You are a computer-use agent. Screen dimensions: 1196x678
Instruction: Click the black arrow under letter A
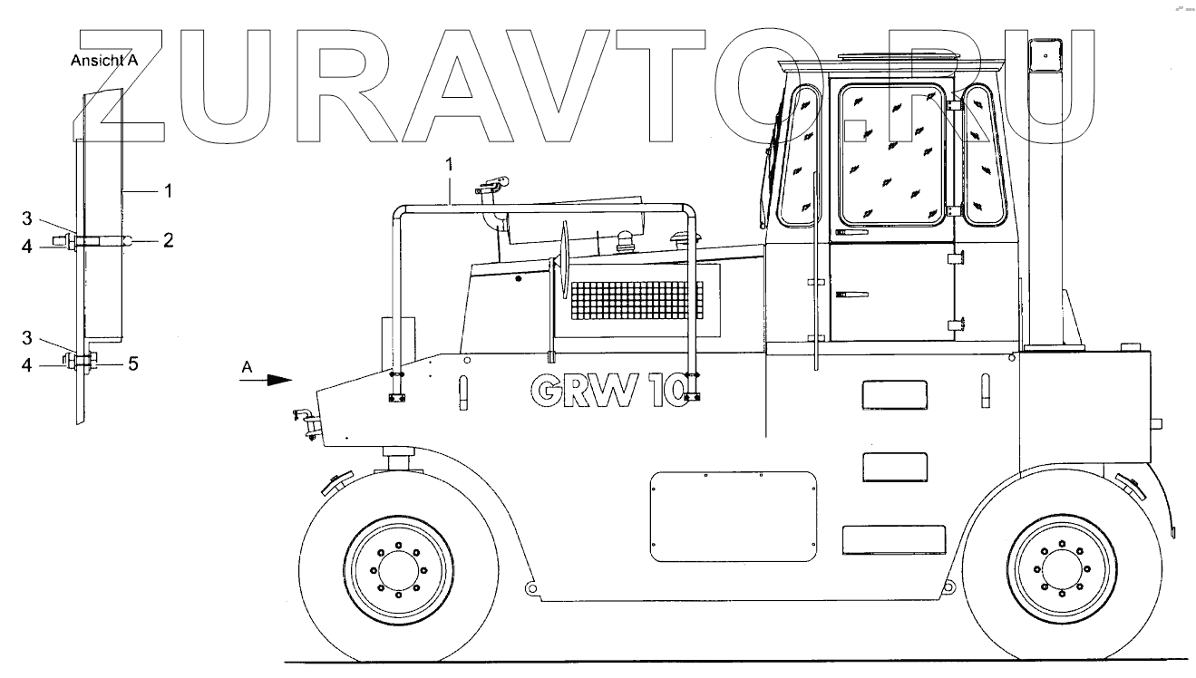click(x=267, y=382)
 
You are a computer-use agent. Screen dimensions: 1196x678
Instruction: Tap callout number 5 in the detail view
click(x=132, y=365)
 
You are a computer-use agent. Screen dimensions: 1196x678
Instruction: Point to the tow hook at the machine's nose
click(x=303, y=421)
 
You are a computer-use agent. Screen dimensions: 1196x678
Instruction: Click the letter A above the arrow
click(x=247, y=366)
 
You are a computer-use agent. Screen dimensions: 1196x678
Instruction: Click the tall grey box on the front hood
click(x=397, y=339)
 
